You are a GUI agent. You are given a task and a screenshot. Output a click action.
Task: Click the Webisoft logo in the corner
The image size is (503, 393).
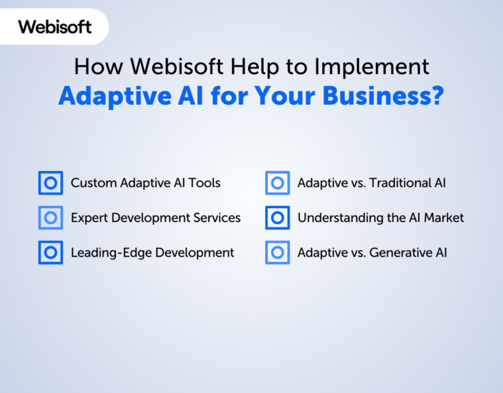tap(55, 27)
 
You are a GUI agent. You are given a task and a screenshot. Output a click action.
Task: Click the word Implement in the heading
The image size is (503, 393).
tap(371, 67)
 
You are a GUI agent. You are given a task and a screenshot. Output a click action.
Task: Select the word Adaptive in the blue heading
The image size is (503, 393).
tap(115, 96)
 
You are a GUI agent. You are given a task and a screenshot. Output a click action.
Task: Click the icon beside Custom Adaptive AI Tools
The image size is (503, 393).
tap(50, 183)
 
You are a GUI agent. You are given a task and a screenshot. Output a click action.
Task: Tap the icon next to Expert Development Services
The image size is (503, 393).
tap(50, 218)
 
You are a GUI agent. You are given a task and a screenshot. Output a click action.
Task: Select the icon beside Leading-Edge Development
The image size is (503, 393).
tap(50, 252)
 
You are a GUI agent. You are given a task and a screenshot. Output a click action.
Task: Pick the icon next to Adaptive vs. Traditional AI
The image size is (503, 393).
tap(278, 183)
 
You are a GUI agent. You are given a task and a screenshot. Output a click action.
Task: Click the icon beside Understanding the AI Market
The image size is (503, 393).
tap(278, 218)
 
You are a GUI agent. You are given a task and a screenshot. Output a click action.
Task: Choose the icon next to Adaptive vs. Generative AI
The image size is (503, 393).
tap(278, 252)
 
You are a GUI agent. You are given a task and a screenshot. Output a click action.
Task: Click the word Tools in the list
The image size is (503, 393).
tap(204, 183)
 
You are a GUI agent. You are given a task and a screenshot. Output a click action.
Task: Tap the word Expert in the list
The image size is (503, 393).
tap(89, 218)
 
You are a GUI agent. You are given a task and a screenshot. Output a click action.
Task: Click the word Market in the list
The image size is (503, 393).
tap(443, 218)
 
